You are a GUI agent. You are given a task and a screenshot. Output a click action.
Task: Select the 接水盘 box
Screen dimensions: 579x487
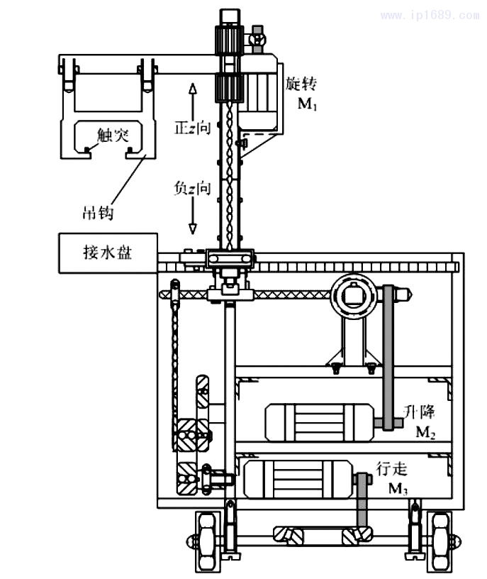pyautogui.click(x=106, y=253)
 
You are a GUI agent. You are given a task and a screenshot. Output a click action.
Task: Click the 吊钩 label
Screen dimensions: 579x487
pyautogui.click(x=99, y=211)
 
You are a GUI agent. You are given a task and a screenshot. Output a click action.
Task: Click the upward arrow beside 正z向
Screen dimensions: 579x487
pyautogui.click(x=191, y=99)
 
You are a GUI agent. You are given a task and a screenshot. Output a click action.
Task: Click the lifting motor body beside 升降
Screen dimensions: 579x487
pyautogui.click(x=319, y=422)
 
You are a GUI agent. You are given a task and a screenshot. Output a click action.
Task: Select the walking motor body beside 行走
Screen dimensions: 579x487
pyautogui.click(x=298, y=479)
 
